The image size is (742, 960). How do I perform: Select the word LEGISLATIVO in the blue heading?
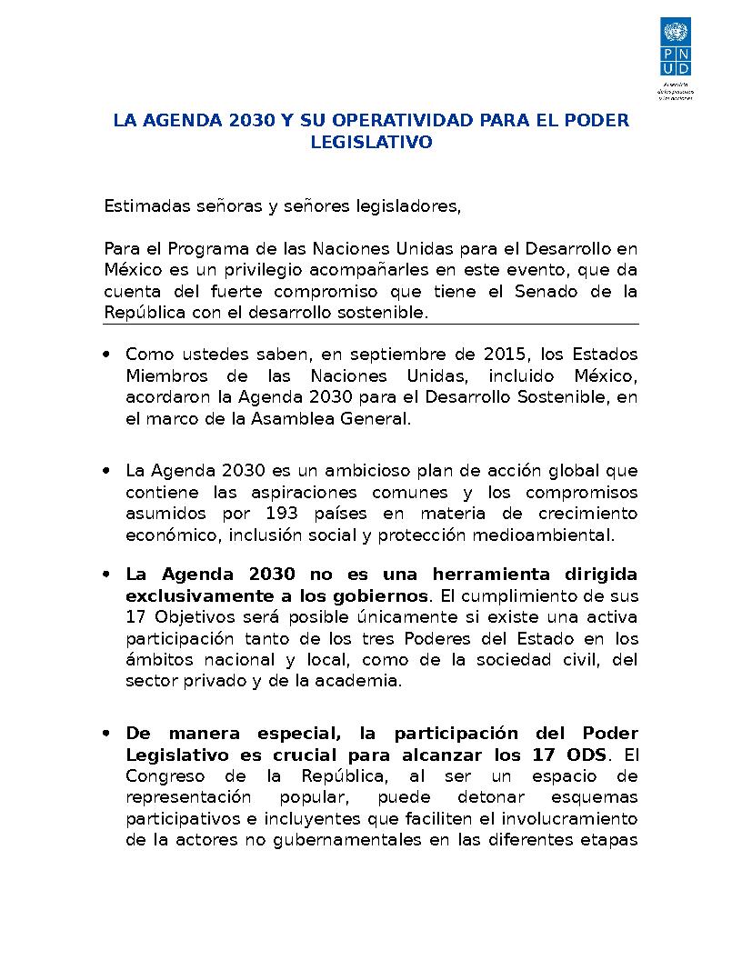(371, 143)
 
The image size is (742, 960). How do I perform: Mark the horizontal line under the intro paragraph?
(371, 324)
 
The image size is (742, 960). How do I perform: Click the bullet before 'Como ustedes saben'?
(108, 353)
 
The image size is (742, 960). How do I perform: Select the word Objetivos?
(188, 617)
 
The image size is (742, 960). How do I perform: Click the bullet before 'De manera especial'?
(108, 734)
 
